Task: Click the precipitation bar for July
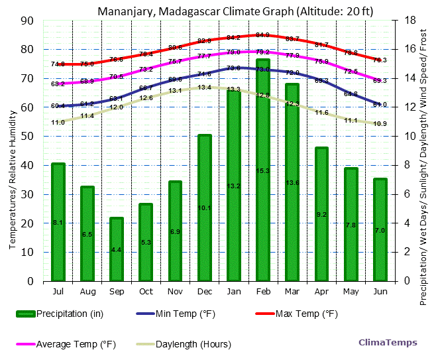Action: (58, 221)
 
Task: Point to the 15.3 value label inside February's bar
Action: (263, 171)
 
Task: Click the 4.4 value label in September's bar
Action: (117, 250)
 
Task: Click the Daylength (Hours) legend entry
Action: (193, 344)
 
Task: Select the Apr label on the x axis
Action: (321, 292)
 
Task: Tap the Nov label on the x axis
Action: (175, 292)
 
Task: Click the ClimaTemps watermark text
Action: (388, 343)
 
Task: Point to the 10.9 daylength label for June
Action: (380, 124)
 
